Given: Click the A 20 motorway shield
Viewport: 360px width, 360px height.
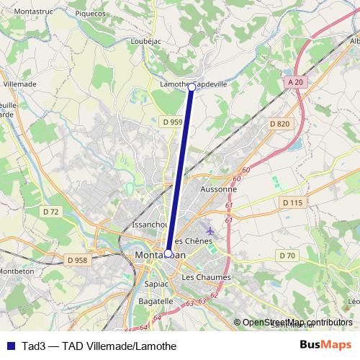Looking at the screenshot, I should coord(293,83).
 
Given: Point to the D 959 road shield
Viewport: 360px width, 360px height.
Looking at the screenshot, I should coord(172,122).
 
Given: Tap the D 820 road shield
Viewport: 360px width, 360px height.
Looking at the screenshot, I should coord(279,125).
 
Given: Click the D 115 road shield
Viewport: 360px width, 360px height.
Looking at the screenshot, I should coord(292,203).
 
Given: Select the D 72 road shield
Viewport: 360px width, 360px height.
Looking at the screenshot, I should coord(50,212).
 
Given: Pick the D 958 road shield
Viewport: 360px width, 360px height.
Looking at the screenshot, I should coord(76,259).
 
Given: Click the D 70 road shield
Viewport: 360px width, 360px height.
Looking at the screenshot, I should coord(287,256).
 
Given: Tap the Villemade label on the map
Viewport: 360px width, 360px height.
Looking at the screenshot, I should coord(19,84).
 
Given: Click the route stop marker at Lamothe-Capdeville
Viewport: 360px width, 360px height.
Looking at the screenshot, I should coord(192,87).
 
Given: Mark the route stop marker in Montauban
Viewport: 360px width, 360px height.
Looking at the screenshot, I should coord(168,253).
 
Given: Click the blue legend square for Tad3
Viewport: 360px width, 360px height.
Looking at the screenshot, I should coord(9,346).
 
